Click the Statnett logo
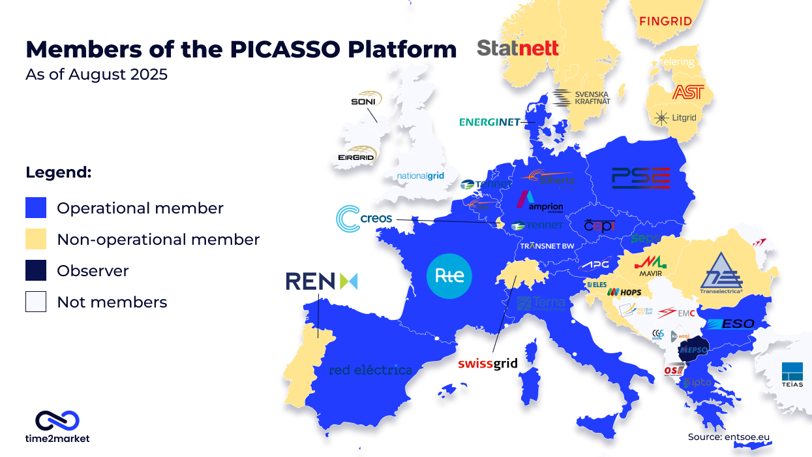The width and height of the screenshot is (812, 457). coord(518,48)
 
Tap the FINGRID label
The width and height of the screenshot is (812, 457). coord(665,22)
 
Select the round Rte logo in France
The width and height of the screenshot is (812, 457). coord(449,276)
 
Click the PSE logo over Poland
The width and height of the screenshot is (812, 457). coord(640,178)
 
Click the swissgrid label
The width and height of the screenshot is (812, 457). coord(487,364)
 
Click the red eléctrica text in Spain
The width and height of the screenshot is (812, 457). coord(370,370)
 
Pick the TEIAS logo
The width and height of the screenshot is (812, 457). coord(792,373)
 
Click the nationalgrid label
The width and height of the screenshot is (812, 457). coord(421,176)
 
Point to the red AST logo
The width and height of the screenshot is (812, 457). coord(688,92)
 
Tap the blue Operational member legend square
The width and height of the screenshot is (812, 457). coord(36,208)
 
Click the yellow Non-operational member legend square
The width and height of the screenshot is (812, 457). coord(36,240)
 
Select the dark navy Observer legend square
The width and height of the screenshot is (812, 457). coord(36,271)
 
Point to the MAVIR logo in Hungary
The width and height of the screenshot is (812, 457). coord(652,266)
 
